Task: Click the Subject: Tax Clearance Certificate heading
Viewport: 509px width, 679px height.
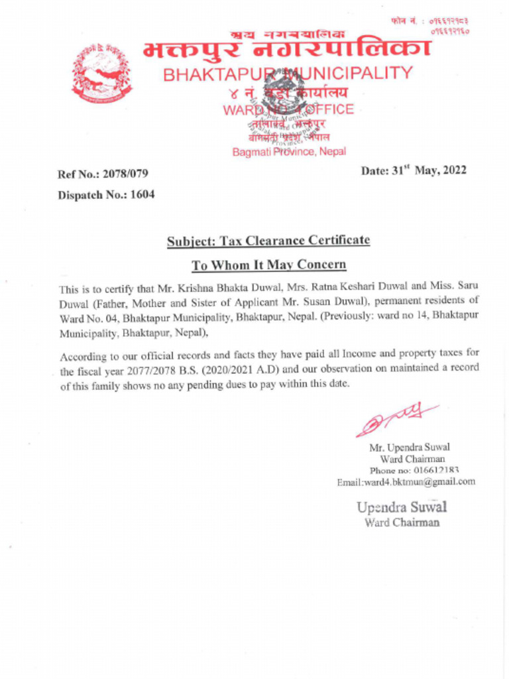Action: (x=268, y=241)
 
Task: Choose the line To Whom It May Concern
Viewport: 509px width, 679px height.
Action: (x=268, y=265)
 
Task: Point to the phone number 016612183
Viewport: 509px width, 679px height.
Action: (x=435, y=470)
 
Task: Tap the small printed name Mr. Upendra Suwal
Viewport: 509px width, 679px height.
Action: (x=410, y=447)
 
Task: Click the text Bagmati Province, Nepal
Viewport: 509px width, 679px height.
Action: (x=288, y=152)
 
